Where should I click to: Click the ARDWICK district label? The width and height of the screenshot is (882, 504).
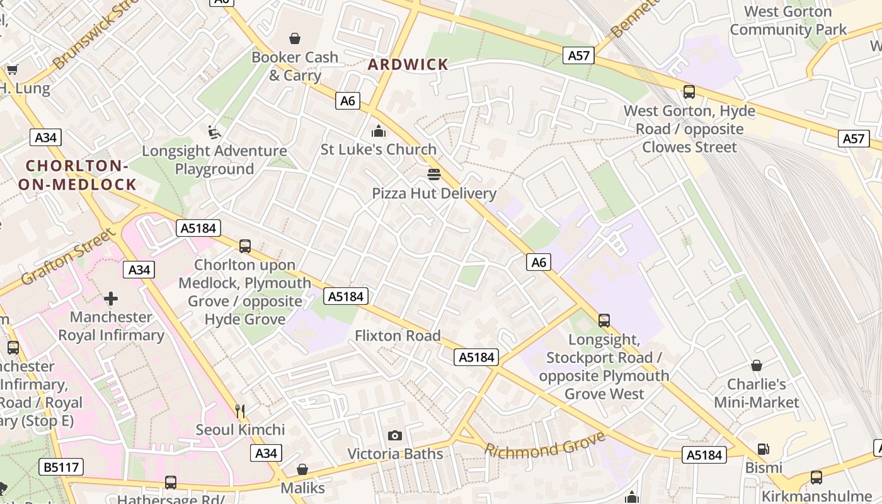[x=408, y=64]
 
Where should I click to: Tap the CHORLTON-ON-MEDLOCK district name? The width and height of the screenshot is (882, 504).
[x=77, y=175]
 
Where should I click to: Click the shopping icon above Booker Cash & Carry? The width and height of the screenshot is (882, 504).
[x=294, y=39]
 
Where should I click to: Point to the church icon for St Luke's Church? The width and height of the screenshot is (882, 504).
[x=379, y=131]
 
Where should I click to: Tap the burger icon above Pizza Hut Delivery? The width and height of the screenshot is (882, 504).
[x=433, y=174]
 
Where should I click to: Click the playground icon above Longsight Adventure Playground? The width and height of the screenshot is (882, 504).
[x=214, y=132]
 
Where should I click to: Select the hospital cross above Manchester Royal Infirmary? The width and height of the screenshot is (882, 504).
[x=111, y=298]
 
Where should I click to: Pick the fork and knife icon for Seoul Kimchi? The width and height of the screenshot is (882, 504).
[x=240, y=411]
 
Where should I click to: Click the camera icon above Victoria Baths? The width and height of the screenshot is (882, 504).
[x=395, y=435]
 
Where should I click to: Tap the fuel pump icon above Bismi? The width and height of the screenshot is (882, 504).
[x=763, y=449]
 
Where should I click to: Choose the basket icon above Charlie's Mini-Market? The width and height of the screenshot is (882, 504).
[x=756, y=365]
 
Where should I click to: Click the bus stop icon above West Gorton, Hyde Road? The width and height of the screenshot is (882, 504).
[x=689, y=92]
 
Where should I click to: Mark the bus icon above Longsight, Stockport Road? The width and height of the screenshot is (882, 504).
[x=604, y=321]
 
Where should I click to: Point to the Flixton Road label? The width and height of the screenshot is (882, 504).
[x=398, y=336]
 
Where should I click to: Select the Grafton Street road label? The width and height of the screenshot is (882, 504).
[x=69, y=256]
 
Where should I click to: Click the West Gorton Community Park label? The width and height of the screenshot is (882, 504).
[x=788, y=20]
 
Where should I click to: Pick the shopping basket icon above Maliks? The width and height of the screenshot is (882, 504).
[x=302, y=469]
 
